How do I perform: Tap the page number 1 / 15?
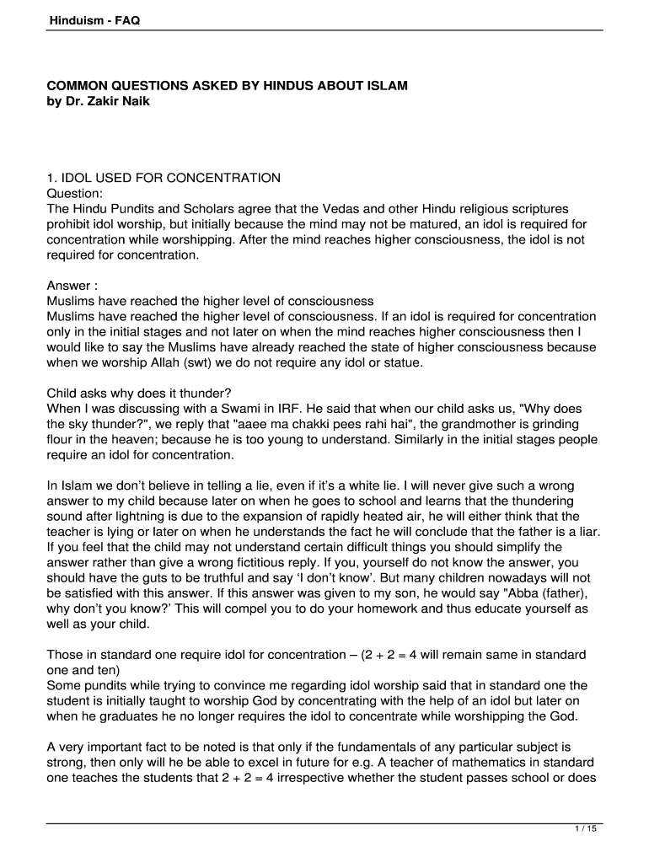click(x=586, y=829)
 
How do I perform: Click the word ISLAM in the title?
click(x=384, y=87)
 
